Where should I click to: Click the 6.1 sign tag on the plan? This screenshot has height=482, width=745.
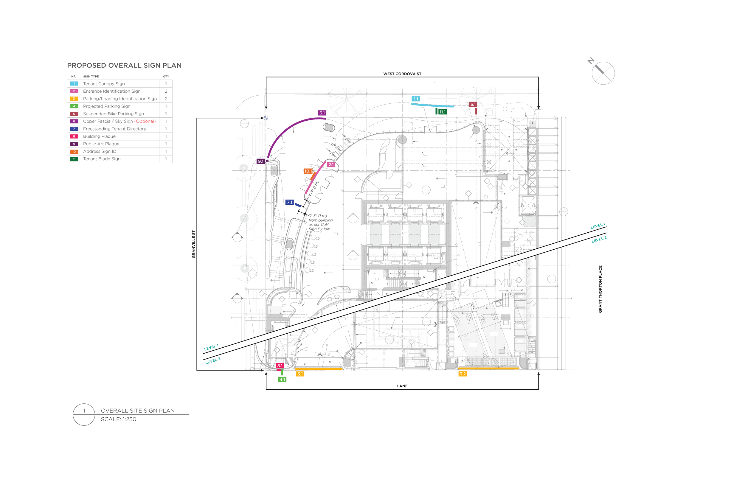pos(322,113)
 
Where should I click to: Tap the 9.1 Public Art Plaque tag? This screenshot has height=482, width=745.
pos(260,161)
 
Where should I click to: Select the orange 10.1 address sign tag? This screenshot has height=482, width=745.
pos(308,171)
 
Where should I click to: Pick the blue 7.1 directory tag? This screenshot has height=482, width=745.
pos(290,203)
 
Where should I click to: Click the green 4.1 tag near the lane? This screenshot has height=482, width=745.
pos(282,380)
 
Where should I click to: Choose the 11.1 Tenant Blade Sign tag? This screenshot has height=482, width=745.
pos(442,112)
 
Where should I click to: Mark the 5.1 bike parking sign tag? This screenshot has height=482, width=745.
pos(473,105)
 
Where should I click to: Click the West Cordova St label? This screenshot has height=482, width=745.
pos(402,74)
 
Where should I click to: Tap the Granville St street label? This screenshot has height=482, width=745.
pos(193,244)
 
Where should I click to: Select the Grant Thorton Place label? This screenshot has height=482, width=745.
pos(600,289)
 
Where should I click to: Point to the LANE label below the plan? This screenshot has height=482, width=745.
pos(402,386)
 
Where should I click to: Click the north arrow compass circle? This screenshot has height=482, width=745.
pos(603,73)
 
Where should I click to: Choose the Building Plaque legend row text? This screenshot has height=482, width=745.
pos(99,136)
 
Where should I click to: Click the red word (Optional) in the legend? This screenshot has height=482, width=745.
pos(145,122)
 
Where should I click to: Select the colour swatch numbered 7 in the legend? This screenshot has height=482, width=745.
pos(74,129)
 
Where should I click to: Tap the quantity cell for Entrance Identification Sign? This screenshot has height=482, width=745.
pos(166,91)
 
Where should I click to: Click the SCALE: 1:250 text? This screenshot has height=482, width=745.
pos(118,419)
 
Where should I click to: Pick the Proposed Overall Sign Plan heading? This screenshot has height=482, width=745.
pos(124,66)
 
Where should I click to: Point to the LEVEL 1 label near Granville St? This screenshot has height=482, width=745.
pos(211,347)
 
